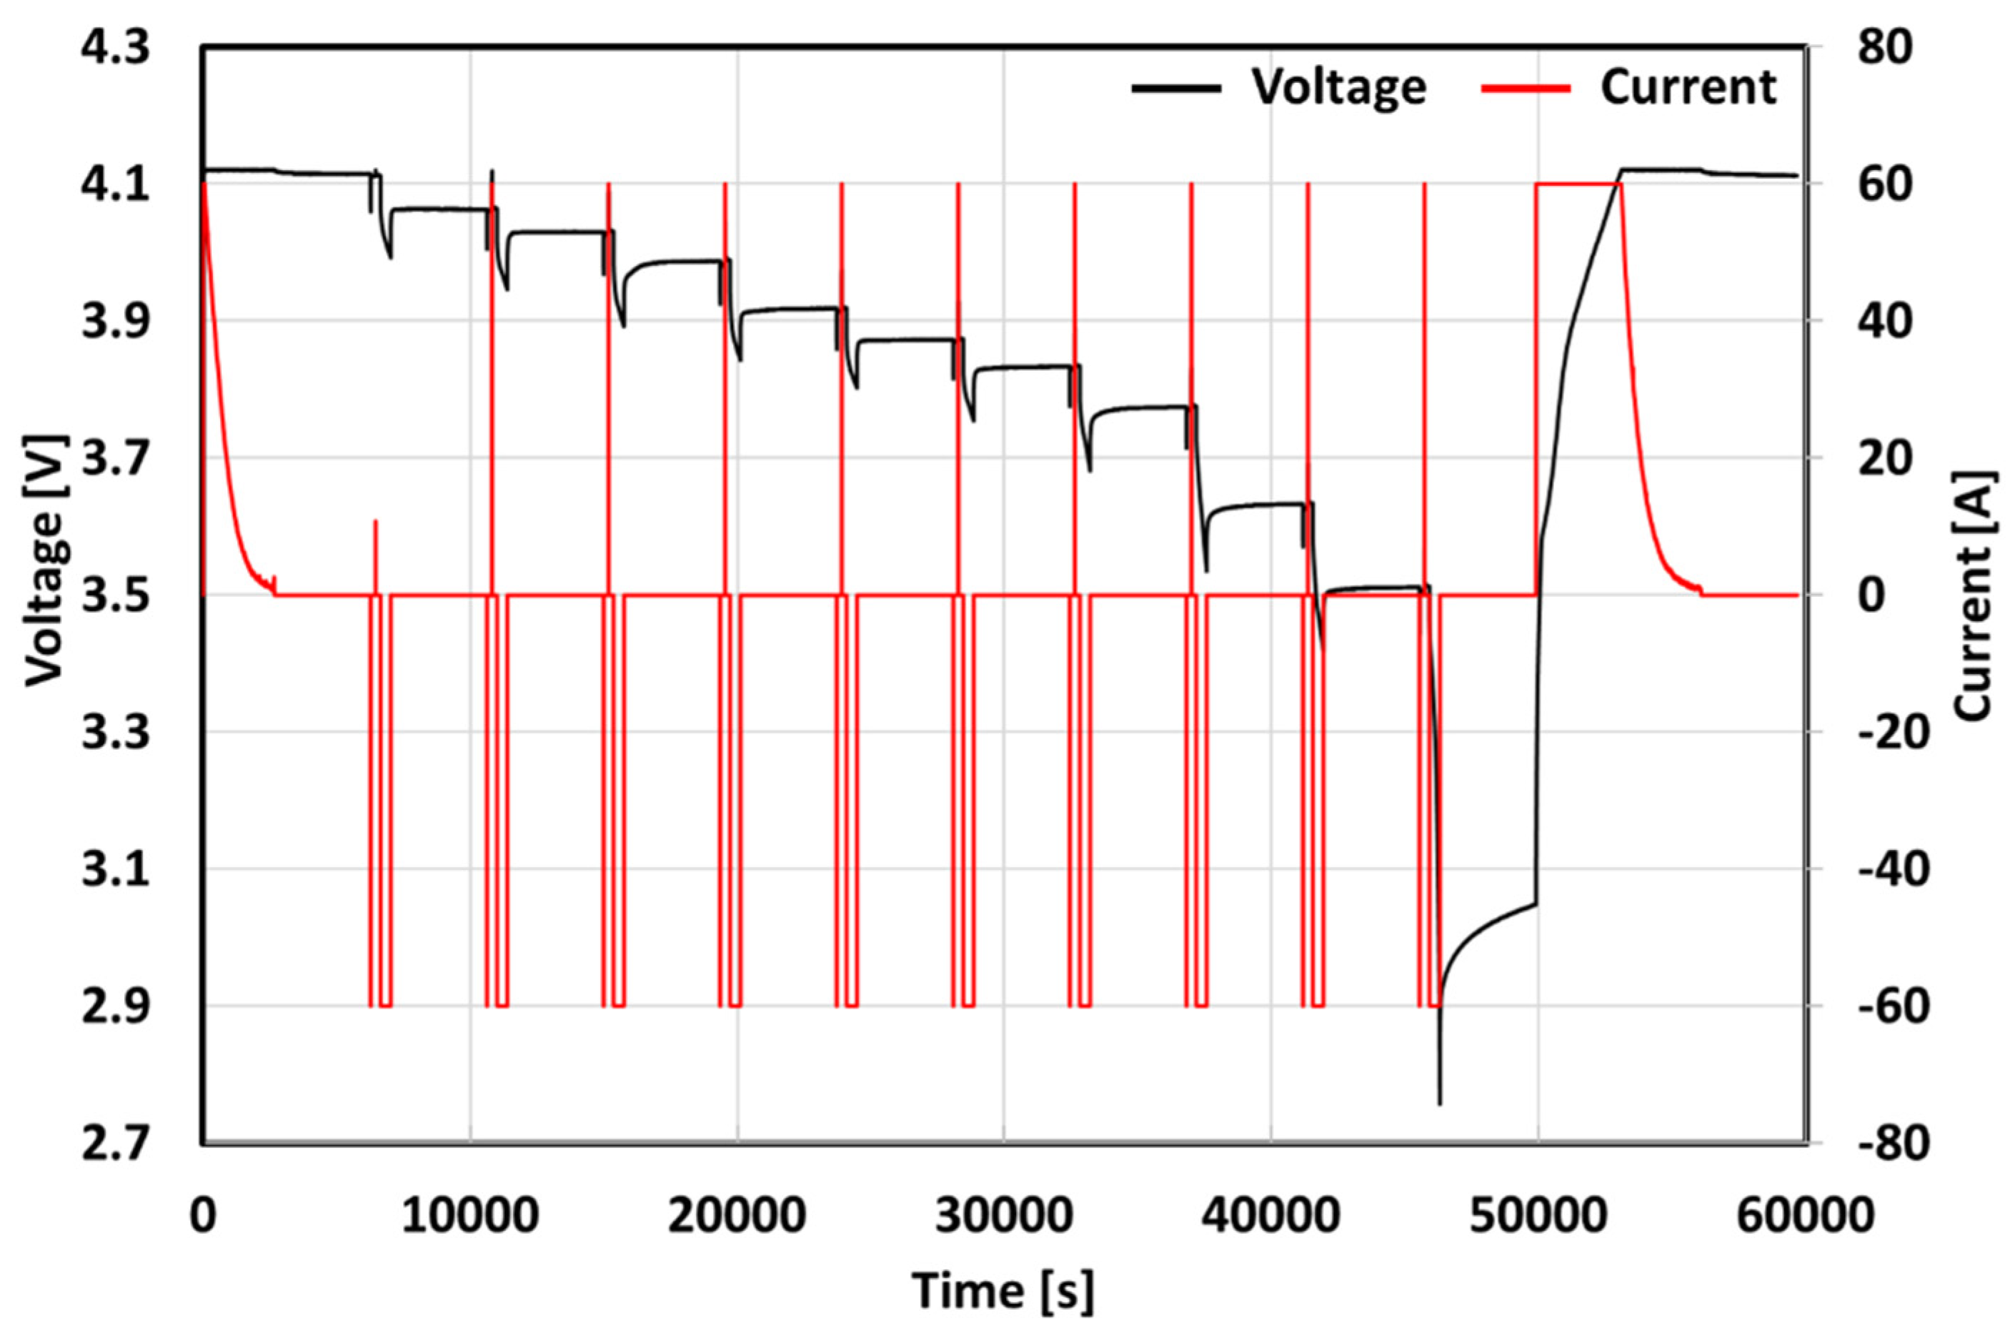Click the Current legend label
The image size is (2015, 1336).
[1689, 87]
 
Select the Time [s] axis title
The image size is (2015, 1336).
[1003, 1290]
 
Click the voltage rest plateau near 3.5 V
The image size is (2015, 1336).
[1371, 588]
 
